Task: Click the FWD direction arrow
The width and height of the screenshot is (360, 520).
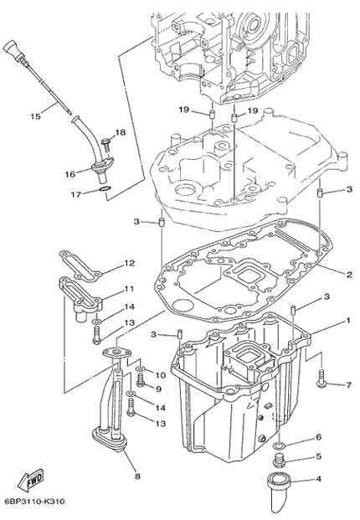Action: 30,480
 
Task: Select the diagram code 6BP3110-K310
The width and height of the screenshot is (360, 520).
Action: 35,501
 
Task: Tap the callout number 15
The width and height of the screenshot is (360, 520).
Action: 35,116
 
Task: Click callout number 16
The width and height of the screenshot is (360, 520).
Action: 70,174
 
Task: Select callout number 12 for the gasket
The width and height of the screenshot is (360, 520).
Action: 130,263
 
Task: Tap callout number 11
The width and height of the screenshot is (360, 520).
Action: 129,289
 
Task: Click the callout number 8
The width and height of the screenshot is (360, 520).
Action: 137,476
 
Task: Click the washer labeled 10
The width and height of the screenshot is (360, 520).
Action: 141,368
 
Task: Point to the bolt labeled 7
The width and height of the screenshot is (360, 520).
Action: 321,380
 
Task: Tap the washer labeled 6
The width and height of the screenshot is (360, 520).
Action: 280,445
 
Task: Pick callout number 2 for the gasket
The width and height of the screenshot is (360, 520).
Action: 349,275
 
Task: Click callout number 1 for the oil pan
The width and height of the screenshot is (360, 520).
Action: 348,321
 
